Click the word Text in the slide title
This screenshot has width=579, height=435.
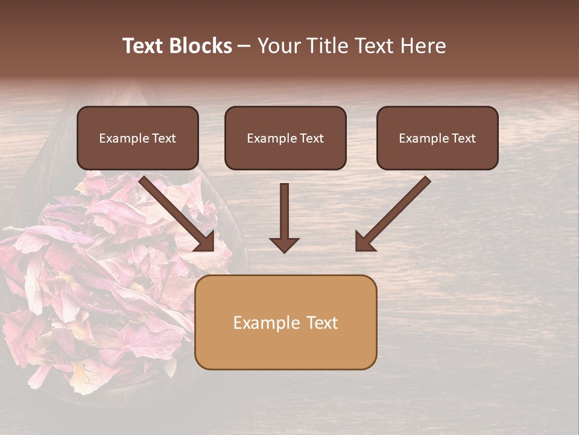click(142, 46)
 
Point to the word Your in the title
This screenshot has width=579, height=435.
click(279, 46)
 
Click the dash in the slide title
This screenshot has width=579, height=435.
click(244, 47)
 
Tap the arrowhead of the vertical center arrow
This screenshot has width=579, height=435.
click(284, 245)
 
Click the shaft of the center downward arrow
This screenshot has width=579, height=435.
click(284, 208)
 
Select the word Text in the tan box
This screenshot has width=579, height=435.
click(322, 323)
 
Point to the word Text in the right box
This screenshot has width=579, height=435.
click(464, 138)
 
